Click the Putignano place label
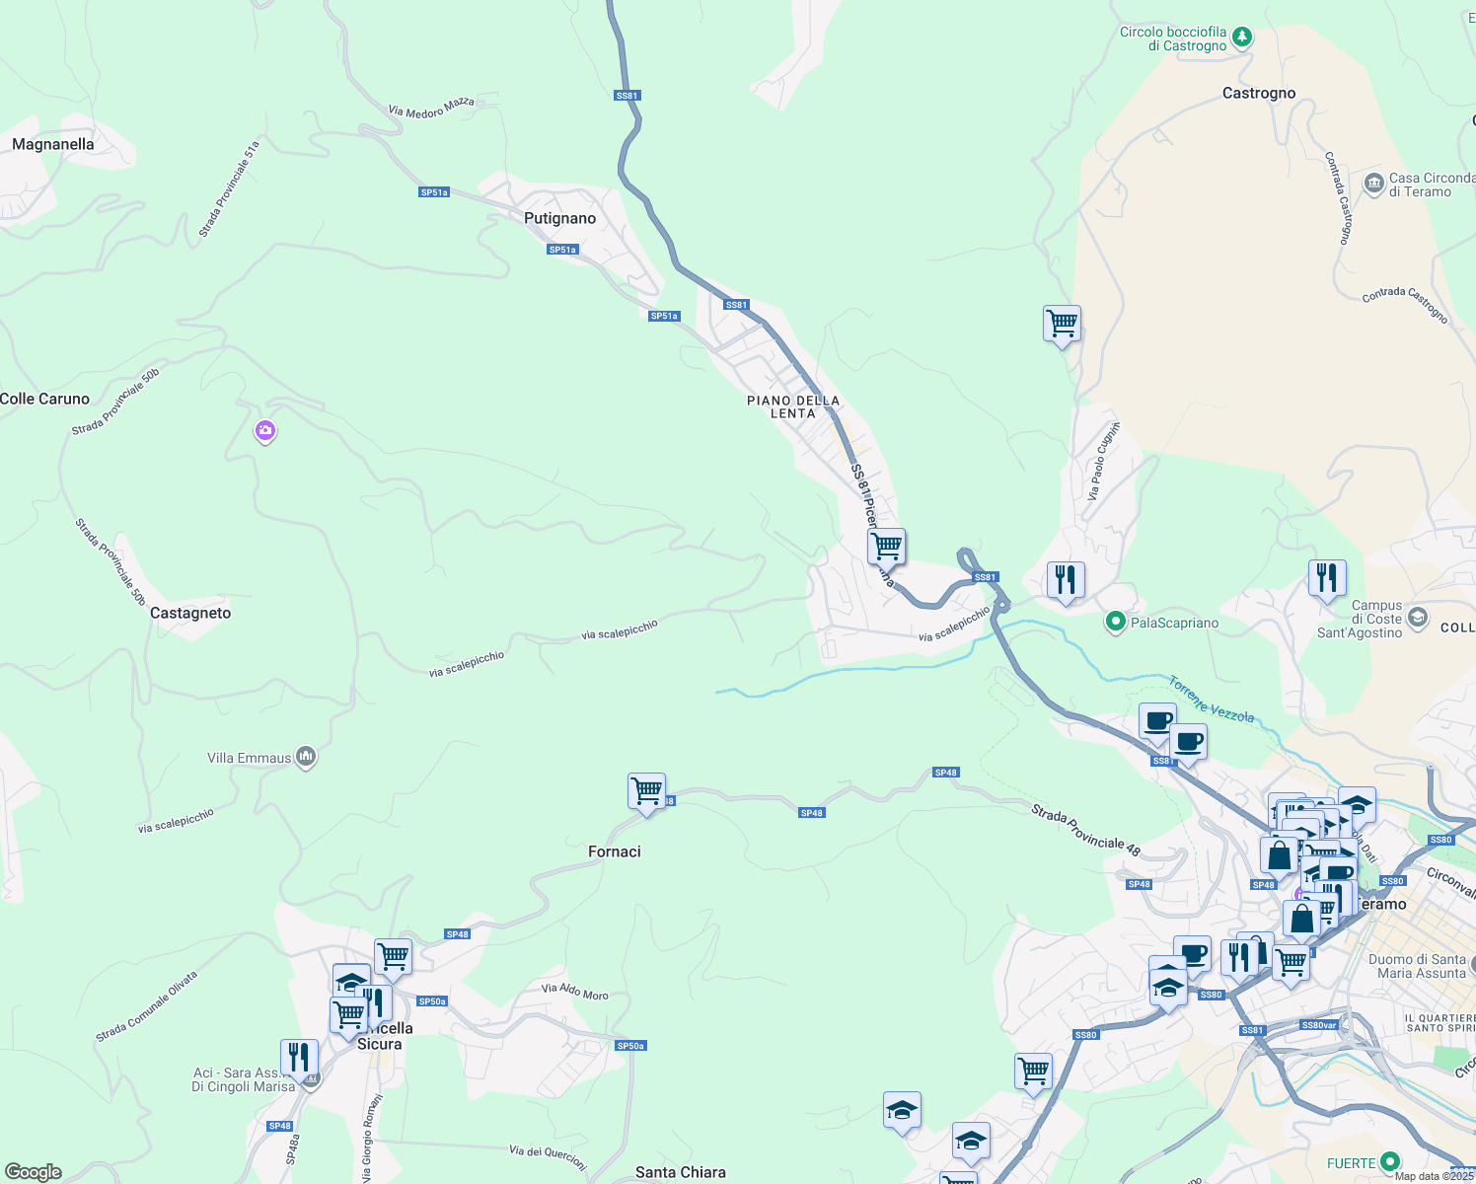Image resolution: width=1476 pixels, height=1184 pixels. point(559,218)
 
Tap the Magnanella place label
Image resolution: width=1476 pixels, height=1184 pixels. point(53,144)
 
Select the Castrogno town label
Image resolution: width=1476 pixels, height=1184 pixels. point(1258,93)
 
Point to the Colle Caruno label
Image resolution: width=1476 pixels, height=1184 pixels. point(45,399)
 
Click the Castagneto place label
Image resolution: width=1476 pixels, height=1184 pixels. point(190,613)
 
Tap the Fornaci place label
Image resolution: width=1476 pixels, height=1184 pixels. point(614,851)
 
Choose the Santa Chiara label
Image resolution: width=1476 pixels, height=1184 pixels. point(680,1172)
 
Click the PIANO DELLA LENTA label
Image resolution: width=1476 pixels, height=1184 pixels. point(793,407)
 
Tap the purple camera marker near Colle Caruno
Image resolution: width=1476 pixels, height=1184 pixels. point(264,430)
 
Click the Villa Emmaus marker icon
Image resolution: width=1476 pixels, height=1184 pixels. point(306,757)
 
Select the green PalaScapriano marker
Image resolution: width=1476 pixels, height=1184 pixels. point(1115,622)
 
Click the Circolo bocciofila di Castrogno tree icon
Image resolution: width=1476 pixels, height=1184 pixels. point(1242,37)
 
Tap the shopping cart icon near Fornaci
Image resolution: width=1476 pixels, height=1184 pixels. point(646,791)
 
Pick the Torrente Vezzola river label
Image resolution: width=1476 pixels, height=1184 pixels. point(1212,700)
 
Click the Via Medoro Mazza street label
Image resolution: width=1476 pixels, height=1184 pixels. point(431,108)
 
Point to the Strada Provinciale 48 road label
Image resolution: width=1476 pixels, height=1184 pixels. point(1085,830)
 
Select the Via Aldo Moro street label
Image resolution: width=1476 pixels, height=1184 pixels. point(574,992)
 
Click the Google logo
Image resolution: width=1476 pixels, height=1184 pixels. point(34,1172)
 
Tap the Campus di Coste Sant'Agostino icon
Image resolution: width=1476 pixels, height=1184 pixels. point(1418,618)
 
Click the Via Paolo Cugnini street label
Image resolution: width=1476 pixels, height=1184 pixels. point(1103,461)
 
